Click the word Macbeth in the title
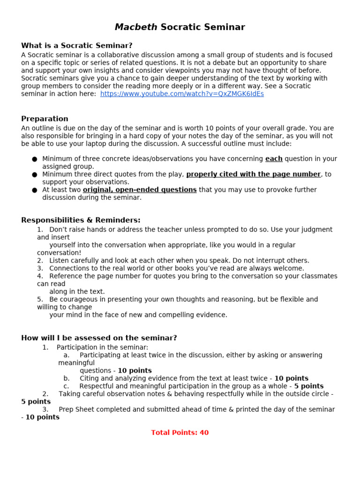pos(136,27)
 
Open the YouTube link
pos(182,94)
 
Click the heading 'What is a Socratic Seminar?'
pos(77,45)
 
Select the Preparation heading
pos(45,119)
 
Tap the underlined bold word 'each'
pos(274,159)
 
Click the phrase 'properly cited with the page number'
pos(253,174)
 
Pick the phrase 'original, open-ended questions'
pos(140,190)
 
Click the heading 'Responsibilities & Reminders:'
pos(81,220)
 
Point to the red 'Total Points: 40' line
pos(180,433)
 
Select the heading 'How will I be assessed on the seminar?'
pos(99,338)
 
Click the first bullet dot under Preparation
pos(35,159)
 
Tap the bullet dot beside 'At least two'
pos(35,190)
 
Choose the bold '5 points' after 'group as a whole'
pos(309,386)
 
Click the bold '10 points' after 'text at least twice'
pos(291,378)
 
